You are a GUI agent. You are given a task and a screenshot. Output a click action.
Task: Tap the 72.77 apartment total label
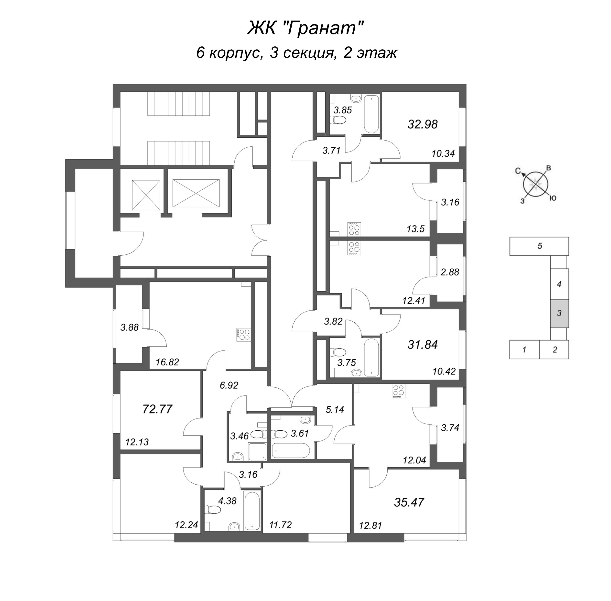157,409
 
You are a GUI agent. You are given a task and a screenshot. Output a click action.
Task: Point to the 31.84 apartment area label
422,345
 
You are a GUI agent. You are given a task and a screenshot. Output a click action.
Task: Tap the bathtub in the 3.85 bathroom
371,114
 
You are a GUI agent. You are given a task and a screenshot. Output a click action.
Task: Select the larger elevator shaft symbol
196,194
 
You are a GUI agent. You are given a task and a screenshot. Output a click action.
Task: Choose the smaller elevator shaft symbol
146,195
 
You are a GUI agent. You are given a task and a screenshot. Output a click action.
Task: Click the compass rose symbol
535,184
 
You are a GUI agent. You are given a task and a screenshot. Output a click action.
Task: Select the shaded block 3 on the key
559,313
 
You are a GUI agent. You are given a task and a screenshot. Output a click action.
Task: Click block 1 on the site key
524,350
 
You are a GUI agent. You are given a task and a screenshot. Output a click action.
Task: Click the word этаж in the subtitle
377,53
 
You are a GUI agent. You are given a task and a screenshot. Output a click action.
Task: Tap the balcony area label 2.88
450,272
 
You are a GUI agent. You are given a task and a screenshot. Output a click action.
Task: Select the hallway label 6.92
229,385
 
